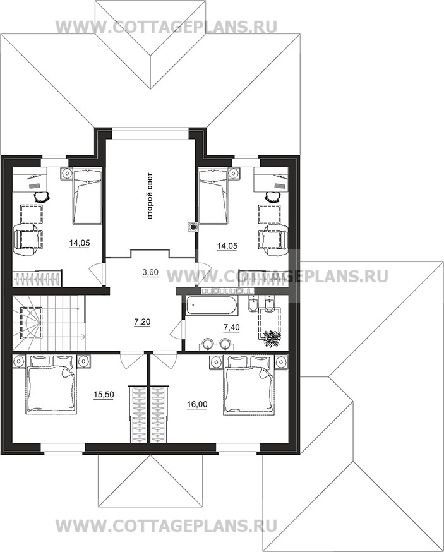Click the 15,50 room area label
click(x=104, y=395)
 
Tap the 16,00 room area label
click(x=197, y=404)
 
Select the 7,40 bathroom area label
click(x=231, y=328)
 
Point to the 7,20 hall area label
click(x=143, y=321)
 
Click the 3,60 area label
click(x=150, y=272)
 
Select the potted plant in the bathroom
click(x=272, y=339)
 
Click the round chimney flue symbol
click(x=193, y=227)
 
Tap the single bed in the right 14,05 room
click(x=213, y=196)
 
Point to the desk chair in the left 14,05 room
click(x=41, y=196)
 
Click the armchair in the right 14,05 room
click(x=274, y=241)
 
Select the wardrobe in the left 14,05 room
click(x=37, y=278)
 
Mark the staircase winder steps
click(x=32, y=323)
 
